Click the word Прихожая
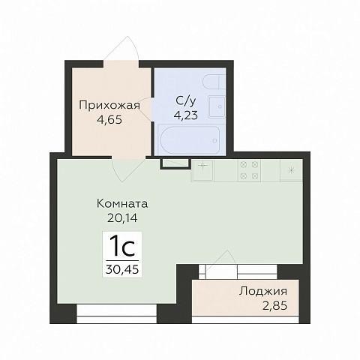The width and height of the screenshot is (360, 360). tap(109, 106)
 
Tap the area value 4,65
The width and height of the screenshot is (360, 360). tap(109, 120)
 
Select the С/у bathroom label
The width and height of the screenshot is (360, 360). tap(186, 101)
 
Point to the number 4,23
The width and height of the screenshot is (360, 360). tap(186, 115)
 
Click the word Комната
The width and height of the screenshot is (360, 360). tap(122, 204)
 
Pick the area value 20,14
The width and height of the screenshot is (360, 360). tap(122, 218)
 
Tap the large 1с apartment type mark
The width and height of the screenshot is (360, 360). tap(122, 247)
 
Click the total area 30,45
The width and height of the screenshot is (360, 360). tap(122, 269)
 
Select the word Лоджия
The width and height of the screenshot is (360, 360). tap(263, 292)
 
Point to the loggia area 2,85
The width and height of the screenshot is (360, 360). tap(274, 305)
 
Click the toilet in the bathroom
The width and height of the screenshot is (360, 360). tap(214, 81)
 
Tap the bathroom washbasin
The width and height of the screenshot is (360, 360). tap(217, 106)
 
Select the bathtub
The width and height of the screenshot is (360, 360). tap(190, 139)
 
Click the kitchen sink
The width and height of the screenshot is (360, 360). tap(202, 170)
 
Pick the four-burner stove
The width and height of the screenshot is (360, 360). tap(249, 170)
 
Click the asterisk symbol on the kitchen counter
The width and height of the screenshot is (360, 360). tap(291, 170)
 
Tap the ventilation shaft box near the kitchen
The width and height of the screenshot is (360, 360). tap(175, 163)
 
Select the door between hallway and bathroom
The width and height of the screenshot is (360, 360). tap(145, 110)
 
